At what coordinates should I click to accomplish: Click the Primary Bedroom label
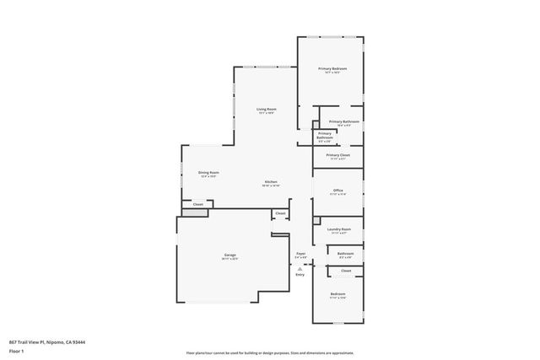(x=332, y=68)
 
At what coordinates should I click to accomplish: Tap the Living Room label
(x=267, y=109)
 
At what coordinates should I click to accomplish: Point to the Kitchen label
(x=271, y=182)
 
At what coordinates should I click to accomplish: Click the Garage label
(x=229, y=255)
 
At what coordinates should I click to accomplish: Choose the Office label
(x=337, y=191)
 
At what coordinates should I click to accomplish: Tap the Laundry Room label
(x=338, y=229)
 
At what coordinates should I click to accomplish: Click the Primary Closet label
(x=337, y=155)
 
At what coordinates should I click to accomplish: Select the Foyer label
(x=300, y=253)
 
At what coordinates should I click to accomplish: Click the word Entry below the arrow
(x=300, y=275)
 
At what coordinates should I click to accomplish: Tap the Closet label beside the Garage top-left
(x=197, y=204)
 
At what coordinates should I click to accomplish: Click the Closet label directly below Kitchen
(x=280, y=213)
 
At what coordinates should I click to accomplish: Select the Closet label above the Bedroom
(x=346, y=271)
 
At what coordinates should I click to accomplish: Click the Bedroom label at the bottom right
(x=337, y=294)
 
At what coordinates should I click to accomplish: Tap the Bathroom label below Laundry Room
(x=345, y=253)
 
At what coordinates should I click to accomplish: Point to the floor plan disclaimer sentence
(x=269, y=352)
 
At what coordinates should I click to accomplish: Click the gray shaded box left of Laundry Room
(x=316, y=221)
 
